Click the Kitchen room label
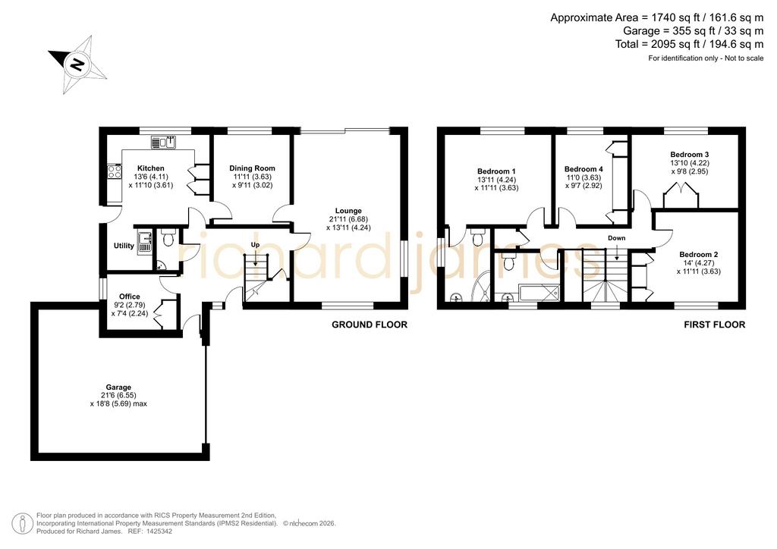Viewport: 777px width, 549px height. pos(151,168)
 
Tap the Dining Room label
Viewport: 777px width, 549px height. pos(252,168)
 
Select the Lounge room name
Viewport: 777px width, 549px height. pos(348,211)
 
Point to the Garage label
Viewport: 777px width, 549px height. pos(118,387)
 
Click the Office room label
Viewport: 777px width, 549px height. pos(129,296)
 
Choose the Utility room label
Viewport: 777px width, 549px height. pos(124,246)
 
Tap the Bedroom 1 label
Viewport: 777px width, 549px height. pos(496,171)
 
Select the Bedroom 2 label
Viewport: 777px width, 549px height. pos(699,255)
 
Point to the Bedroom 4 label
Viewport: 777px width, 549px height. pos(584,169)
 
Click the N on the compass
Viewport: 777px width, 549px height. pos(77,64)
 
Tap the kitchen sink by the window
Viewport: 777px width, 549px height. pos(164,142)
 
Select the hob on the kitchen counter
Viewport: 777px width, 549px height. pos(115,172)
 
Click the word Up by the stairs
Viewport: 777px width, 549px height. pos(255,245)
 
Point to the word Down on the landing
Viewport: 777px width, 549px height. pos(616,238)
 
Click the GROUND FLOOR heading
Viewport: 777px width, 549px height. pos(370,325)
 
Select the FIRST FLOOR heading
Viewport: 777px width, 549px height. pos(715,325)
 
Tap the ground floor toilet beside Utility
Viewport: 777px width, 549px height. pos(168,237)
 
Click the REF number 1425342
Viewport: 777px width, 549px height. pos(156,532)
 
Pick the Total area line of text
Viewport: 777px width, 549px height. pos(689,45)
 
